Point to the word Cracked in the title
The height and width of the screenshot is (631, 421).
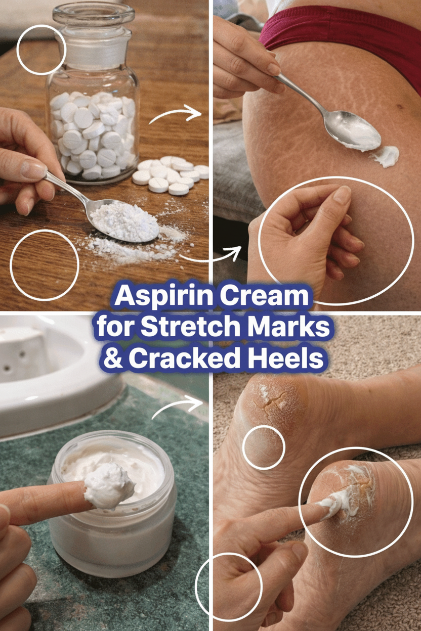[x=183, y=358]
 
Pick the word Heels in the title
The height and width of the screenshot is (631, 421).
[x=283, y=358]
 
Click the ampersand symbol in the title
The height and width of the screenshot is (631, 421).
[x=113, y=358]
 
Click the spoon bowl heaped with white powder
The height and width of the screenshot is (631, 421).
[x=123, y=220]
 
